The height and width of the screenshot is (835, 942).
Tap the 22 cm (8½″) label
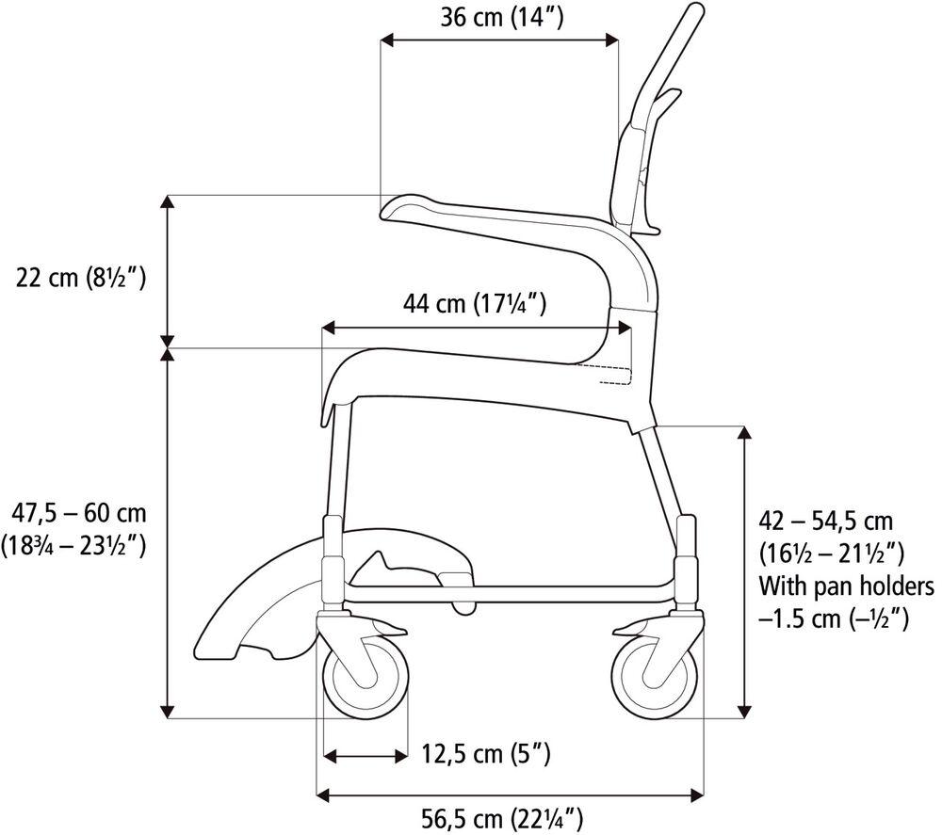click(x=79, y=278)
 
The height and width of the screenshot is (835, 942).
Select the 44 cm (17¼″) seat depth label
click(x=476, y=303)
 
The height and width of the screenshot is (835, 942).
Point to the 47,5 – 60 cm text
click(x=79, y=513)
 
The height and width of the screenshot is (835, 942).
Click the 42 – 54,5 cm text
click(x=826, y=521)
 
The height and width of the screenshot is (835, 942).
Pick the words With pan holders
click(x=846, y=586)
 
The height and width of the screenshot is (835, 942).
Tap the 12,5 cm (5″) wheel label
click(x=486, y=754)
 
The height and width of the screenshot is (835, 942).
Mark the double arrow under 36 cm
click(x=499, y=40)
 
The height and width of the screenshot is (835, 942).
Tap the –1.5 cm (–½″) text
click(x=833, y=619)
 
